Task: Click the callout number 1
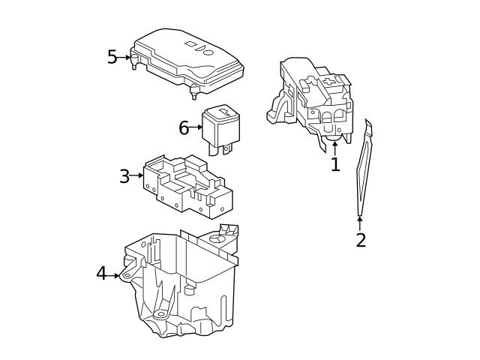click(x=335, y=164)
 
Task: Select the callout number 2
click(x=361, y=240)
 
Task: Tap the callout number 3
click(x=124, y=177)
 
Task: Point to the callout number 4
click(x=101, y=274)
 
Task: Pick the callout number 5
click(x=112, y=57)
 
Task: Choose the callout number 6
click(x=184, y=128)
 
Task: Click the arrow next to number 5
click(x=125, y=57)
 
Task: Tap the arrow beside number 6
click(x=196, y=128)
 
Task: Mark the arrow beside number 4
click(x=115, y=275)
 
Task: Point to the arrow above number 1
click(x=335, y=145)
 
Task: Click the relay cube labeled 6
click(x=220, y=126)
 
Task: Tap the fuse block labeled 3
click(x=187, y=184)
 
